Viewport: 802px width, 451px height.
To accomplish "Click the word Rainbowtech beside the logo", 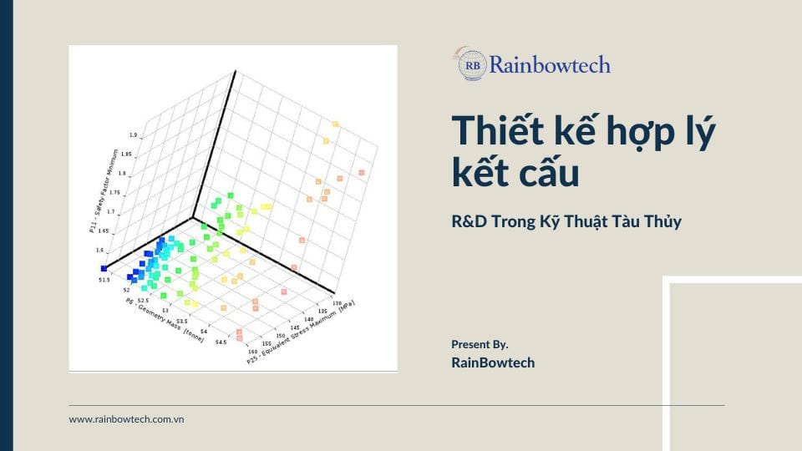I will tap(549, 64).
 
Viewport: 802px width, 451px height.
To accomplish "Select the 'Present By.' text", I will tap(480, 344).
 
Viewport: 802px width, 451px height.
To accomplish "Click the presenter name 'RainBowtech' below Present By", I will tap(493, 362).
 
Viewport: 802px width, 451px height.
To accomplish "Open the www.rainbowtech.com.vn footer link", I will tap(126, 419).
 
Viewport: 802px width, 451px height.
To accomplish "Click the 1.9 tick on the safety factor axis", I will tap(134, 135).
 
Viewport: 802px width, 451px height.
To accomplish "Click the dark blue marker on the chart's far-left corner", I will tap(104, 268).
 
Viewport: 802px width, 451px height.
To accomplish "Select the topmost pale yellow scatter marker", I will tap(335, 124).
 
